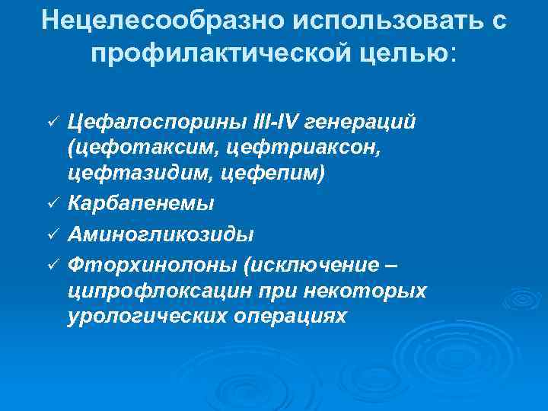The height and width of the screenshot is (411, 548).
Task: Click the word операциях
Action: pos(293,317)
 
